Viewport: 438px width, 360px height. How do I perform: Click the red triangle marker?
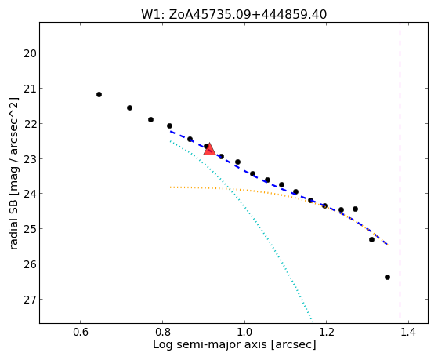[209, 149]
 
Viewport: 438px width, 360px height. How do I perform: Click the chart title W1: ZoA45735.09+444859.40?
[233, 15]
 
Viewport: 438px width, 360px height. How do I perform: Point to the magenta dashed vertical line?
[400, 170]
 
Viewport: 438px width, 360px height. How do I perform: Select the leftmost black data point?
[99, 95]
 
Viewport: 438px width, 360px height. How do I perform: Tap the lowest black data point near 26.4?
[387, 277]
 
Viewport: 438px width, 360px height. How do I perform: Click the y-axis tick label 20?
[30, 53]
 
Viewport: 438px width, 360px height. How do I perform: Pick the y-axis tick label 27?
[30, 300]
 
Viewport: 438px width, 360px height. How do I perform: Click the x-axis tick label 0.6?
[81, 332]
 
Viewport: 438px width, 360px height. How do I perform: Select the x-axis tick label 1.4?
[408, 332]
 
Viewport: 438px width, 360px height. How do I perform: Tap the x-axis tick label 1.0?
[244, 332]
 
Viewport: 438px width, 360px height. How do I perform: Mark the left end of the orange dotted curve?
[170, 187]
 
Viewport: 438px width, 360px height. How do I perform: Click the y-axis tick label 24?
[30, 194]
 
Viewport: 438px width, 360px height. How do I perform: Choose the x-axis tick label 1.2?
[327, 332]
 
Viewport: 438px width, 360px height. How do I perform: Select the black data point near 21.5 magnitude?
[129, 107]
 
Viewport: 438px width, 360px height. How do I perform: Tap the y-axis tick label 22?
[30, 124]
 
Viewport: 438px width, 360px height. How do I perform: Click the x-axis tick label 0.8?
[162, 332]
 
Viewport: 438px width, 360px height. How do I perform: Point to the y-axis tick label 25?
[30, 229]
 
